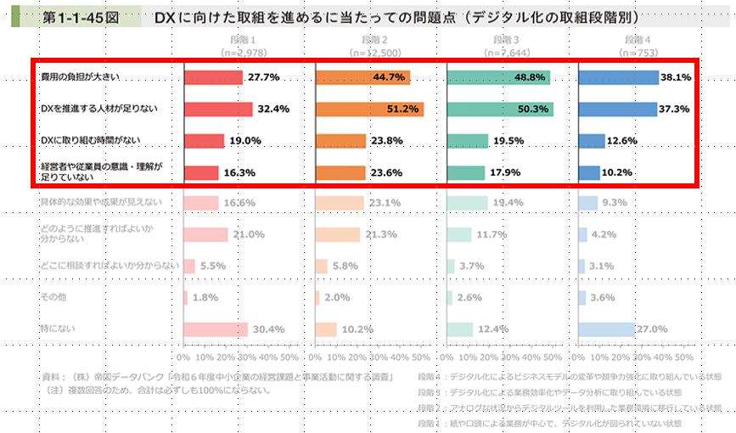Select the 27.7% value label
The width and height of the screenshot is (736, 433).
[x=263, y=77]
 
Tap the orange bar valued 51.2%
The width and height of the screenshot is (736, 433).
[x=369, y=109]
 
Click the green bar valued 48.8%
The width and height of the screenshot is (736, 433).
[x=498, y=77]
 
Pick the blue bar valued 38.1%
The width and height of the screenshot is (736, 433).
[x=618, y=77]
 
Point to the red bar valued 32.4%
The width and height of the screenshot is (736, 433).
[x=218, y=109]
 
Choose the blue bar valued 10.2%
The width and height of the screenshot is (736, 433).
[x=589, y=172]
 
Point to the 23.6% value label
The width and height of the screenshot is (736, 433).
[x=387, y=172]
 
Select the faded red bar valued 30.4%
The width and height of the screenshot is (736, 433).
[x=216, y=329]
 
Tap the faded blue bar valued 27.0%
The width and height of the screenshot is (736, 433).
[x=606, y=329]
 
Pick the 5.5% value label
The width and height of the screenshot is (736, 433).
[x=213, y=266]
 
